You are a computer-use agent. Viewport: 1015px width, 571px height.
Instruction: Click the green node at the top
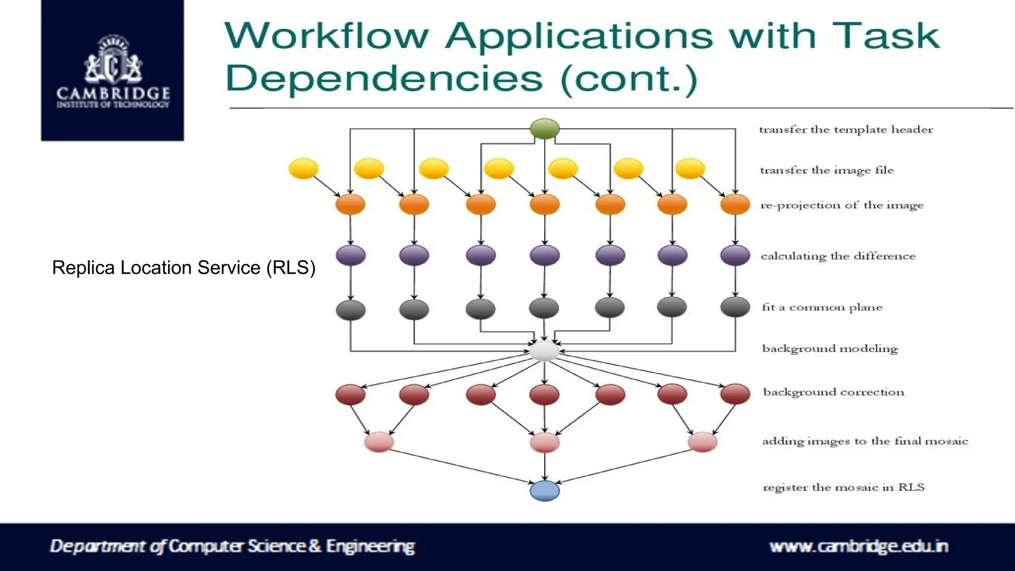pos(545,129)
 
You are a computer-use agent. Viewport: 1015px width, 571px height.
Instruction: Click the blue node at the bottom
pos(545,491)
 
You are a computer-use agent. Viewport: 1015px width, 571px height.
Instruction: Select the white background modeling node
pos(544,351)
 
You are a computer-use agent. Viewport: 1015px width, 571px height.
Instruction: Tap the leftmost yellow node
pos(303,169)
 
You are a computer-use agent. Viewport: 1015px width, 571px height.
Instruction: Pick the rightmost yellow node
pos(690,169)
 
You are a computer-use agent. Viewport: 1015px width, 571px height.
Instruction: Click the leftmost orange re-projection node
pos(350,204)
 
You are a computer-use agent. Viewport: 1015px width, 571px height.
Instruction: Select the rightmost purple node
pos(735,255)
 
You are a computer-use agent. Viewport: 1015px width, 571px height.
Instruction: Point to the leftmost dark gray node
pos(350,310)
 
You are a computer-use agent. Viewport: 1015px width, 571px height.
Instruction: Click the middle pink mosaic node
pos(545,442)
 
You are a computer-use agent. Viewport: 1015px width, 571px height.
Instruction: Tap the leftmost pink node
pos(379,442)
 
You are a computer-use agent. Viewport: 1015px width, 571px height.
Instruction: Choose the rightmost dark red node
pos(735,395)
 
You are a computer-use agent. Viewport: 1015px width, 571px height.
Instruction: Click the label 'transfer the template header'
pos(846,130)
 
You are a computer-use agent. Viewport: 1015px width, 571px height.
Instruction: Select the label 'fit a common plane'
pos(822,307)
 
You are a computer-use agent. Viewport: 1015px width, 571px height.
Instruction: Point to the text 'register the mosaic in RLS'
pos(844,487)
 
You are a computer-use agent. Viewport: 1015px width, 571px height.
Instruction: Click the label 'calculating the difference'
pos(838,256)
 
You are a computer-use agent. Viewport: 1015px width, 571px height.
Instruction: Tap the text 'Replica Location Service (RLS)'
pos(184,268)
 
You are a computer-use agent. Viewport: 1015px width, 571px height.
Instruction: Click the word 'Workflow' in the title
pos(327,36)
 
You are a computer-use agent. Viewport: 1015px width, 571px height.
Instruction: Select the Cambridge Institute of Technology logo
pos(113,70)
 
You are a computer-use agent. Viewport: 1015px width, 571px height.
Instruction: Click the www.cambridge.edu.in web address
pos(858,546)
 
